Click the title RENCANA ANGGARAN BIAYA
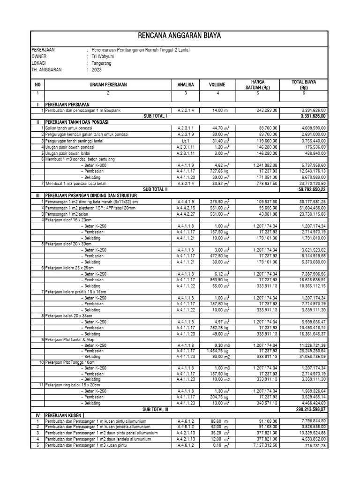click(180, 36)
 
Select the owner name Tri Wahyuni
click(103, 56)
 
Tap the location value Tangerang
click(102, 63)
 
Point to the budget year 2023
click(97, 69)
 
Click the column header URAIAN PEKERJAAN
click(108, 85)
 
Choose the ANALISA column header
click(185, 85)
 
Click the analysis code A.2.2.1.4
click(186, 110)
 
